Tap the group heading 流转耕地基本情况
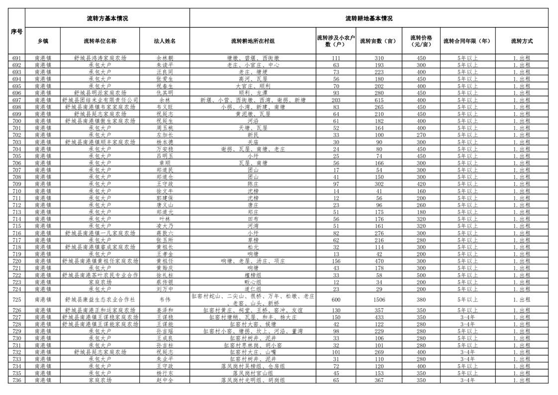tap(369, 18)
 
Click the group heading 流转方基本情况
tap(107, 18)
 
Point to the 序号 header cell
tap(16, 31)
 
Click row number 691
tap(16, 58)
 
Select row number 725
tap(16, 299)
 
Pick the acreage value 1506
tap(379, 299)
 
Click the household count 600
tap(336, 299)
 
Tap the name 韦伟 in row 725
tap(165, 299)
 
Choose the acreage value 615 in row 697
tap(379, 100)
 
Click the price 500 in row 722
tap(421, 275)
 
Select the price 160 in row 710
tap(421, 191)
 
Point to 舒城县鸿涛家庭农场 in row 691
tap(100, 58)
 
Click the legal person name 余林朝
tap(165, 58)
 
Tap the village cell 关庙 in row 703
tap(253, 142)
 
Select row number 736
tap(16, 380)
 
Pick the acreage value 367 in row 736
tap(379, 380)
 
